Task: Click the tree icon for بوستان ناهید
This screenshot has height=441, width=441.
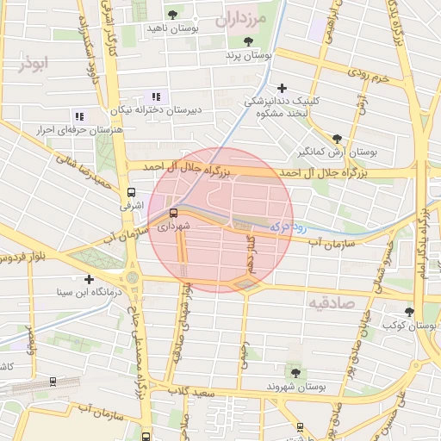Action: (x=173, y=15)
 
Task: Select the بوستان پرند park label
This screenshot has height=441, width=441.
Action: (x=248, y=55)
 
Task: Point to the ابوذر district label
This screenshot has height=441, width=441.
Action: (x=34, y=64)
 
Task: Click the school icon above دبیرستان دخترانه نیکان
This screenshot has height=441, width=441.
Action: (x=155, y=96)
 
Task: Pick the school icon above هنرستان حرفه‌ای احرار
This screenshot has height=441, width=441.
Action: (x=78, y=116)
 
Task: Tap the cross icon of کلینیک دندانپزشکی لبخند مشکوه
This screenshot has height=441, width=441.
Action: (x=282, y=87)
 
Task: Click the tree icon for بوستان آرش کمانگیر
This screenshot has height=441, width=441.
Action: (x=337, y=138)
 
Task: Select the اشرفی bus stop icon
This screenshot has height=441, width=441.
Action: (x=132, y=192)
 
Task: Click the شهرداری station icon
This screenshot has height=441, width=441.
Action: (x=174, y=212)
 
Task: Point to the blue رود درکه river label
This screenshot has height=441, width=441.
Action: (x=289, y=226)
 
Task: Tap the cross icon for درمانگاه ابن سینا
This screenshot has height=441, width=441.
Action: (x=89, y=279)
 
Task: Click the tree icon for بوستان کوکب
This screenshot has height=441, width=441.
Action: (x=409, y=312)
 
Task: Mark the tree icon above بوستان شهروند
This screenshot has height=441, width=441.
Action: (x=295, y=373)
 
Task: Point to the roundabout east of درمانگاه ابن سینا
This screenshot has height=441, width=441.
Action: (x=132, y=277)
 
